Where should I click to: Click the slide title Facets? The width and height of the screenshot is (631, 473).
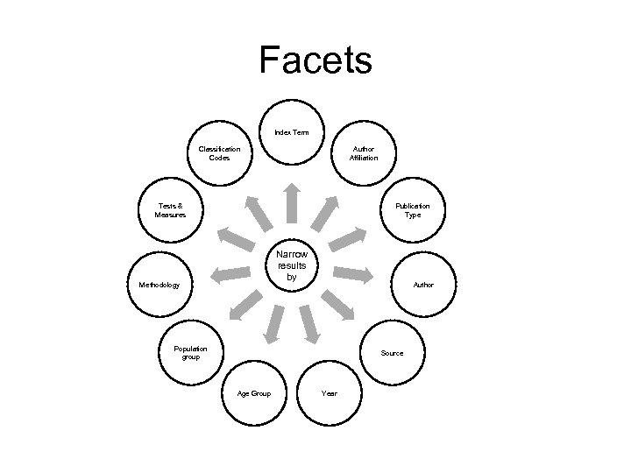pos(315,60)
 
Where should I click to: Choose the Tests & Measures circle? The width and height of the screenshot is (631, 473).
pos(169,210)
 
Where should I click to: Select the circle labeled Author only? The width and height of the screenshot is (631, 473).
pos(423,285)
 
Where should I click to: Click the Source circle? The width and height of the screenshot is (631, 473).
pos(393,353)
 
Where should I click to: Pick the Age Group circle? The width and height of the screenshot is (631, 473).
pos(254,393)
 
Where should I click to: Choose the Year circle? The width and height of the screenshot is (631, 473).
pos(330,393)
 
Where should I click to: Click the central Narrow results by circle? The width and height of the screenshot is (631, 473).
pos(292,265)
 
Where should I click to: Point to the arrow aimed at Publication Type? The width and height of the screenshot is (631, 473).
pos(350,239)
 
